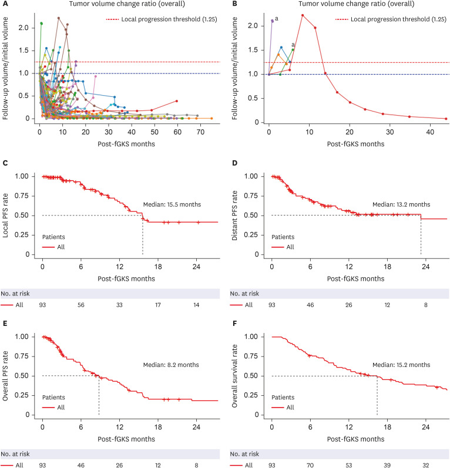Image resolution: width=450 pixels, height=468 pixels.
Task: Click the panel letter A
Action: tap(6, 4)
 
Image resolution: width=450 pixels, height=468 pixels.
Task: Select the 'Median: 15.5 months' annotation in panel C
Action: tap(172, 204)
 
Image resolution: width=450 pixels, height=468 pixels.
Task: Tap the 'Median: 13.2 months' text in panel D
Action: tap(401, 204)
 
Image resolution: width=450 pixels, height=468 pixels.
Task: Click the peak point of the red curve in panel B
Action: tap(302, 15)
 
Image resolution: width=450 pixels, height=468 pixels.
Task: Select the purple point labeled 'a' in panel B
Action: tap(272, 21)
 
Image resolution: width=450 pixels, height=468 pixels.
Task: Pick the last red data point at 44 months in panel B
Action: tap(446, 119)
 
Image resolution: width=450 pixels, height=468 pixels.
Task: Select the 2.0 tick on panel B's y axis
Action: tap(255, 26)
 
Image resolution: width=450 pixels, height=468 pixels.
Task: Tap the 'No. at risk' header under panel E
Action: tap(15, 453)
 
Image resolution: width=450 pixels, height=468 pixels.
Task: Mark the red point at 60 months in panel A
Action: tap(177, 100)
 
